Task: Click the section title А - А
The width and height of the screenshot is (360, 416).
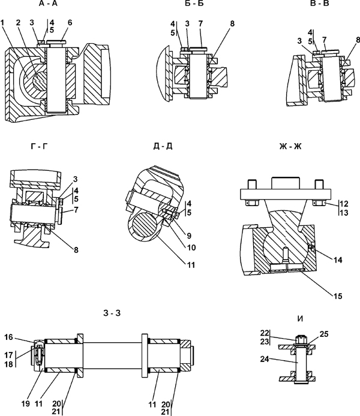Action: tap(48, 4)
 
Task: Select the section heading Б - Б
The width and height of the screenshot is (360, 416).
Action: tap(194, 4)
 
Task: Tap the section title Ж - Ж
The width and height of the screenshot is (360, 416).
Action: tap(290, 146)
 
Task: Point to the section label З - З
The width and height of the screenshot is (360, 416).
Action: tap(112, 313)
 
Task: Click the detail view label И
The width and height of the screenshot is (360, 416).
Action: tap(300, 319)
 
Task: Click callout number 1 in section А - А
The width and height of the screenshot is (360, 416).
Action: tap(2, 23)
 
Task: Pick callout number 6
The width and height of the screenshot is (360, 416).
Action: tap(70, 23)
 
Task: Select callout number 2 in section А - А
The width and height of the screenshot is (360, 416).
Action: tap(18, 23)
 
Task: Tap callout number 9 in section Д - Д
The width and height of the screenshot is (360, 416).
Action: tap(189, 236)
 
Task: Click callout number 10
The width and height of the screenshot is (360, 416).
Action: tap(191, 248)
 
